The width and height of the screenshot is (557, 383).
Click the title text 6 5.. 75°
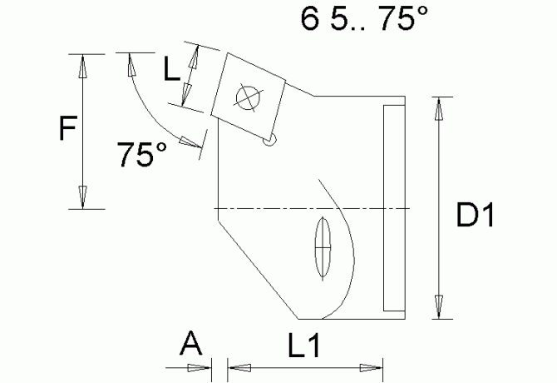pos(358,21)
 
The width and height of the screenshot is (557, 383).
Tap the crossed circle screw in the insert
pos(248,97)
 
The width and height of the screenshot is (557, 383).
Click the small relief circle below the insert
pos(269,142)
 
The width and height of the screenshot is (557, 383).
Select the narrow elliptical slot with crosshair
pos(323,247)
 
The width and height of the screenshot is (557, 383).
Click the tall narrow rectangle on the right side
pos(392,208)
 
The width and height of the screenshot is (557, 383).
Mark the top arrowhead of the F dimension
pos(82,66)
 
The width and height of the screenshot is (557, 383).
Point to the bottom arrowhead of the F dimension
pos(82,197)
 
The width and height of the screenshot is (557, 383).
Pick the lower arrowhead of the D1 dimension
pos(439,306)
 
